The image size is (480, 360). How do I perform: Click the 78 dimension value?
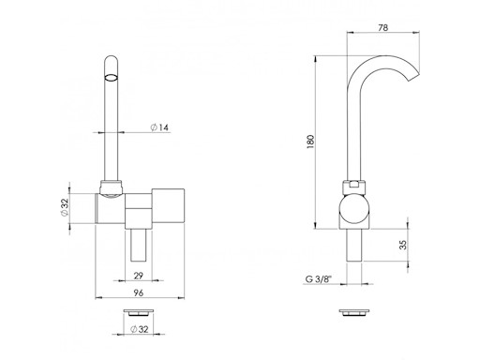click(x=382, y=27)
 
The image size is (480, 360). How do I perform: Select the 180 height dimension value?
click(x=310, y=142)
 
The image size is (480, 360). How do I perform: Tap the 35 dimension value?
click(x=404, y=245)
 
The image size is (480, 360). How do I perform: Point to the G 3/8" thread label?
click(x=318, y=278)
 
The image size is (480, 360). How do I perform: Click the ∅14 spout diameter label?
click(x=159, y=127)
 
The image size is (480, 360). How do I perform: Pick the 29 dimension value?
click(x=139, y=276)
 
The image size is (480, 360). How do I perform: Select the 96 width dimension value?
click(x=139, y=292)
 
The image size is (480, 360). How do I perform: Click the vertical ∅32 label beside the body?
click(x=65, y=207)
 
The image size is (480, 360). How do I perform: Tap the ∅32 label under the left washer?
click(x=139, y=329)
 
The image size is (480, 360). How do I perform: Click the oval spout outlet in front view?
click(x=111, y=78)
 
